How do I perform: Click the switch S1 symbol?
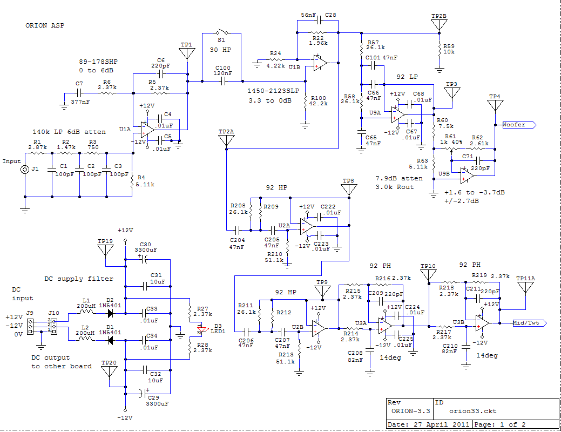[222, 32]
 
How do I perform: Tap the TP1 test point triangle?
[187, 53]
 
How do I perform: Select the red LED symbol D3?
[202, 329]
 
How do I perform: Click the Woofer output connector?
[519, 125]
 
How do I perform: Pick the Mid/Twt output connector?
[530, 323]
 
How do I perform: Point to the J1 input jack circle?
[25, 170]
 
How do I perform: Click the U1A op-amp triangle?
[147, 129]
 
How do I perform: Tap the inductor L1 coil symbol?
[85, 312]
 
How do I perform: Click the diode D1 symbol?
[111, 340]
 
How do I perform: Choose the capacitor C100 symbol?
[224, 81]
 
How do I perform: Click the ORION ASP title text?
[45, 25]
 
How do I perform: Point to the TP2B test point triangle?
[439, 25]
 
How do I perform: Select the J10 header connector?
[54, 326]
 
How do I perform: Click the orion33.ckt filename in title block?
[472, 411]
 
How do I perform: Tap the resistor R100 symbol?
[305, 102]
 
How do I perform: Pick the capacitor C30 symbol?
[144, 260]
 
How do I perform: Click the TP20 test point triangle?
[109, 371]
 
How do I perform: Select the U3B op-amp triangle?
[482, 323]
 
